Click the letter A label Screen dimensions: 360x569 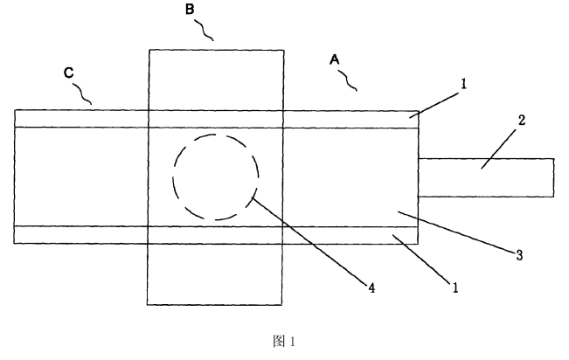click(x=334, y=60)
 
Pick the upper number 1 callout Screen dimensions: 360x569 click(x=464, y=85)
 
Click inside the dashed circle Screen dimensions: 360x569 click(x=215, y=177)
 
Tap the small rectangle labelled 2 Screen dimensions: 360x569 click(x=516, y=177)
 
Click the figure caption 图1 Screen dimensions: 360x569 click(x=285, y=341)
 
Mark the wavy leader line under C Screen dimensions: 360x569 click(x=83, y=93)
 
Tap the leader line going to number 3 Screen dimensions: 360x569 click(x=459, y=232)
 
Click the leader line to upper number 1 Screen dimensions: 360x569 click(x=439, y=101)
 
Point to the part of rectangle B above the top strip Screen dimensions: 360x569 click(x=216, y=79)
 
